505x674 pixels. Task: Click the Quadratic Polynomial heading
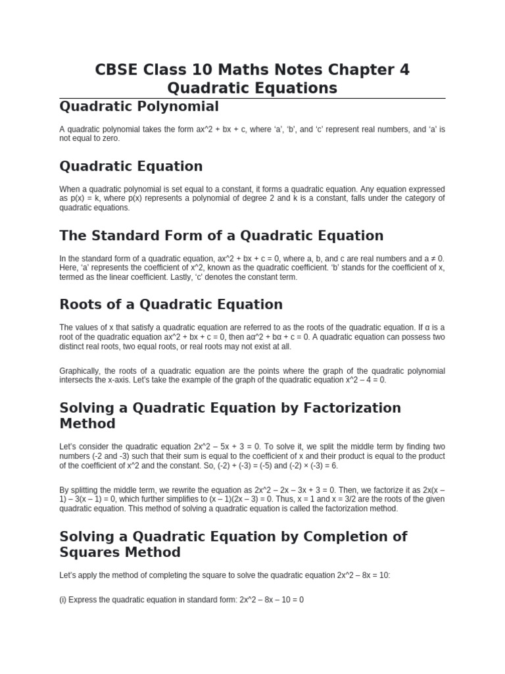(x=139, y=107)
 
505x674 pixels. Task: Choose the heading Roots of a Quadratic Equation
(x=171, y=305)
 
